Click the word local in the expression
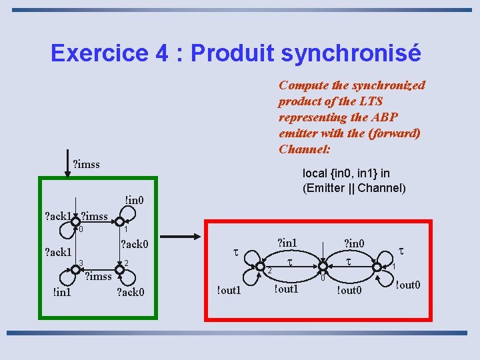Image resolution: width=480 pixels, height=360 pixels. point(315,173)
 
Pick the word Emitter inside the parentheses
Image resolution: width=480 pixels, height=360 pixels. point(327,187)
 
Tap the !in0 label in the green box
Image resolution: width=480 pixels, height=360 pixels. point(133,199)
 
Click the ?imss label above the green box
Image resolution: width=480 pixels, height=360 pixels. point(86,163)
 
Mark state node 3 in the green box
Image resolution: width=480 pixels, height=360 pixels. point(75,267)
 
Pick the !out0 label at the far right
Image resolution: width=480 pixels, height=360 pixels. point(407,285)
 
